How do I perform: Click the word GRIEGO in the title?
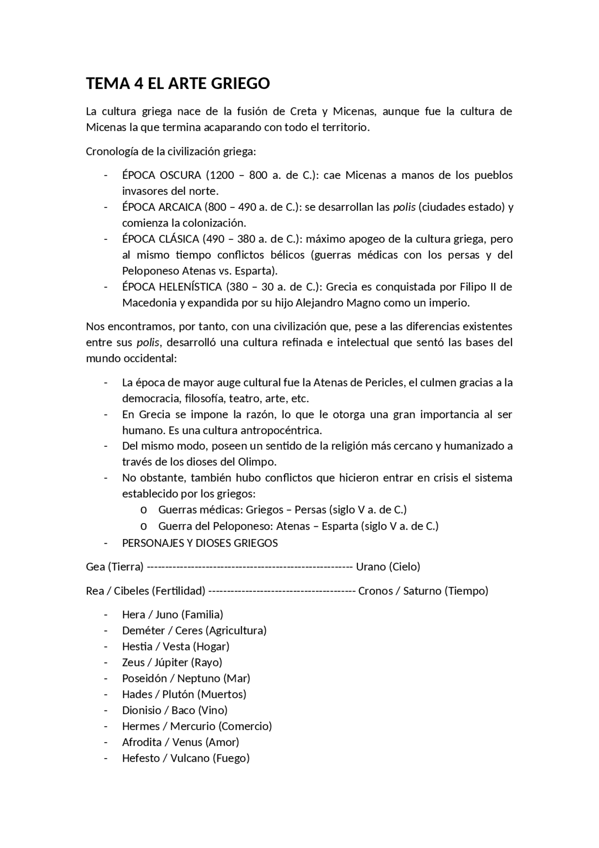[240, 83]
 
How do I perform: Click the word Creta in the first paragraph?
[303, 111]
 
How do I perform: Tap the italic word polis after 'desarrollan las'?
[404, 207]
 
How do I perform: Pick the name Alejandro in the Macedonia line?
[320, 302]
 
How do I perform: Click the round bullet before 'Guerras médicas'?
[144, 510]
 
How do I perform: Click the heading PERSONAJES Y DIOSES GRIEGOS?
[200, 543]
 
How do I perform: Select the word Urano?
[371, 567]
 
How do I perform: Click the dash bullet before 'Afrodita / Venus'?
[106, 742]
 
